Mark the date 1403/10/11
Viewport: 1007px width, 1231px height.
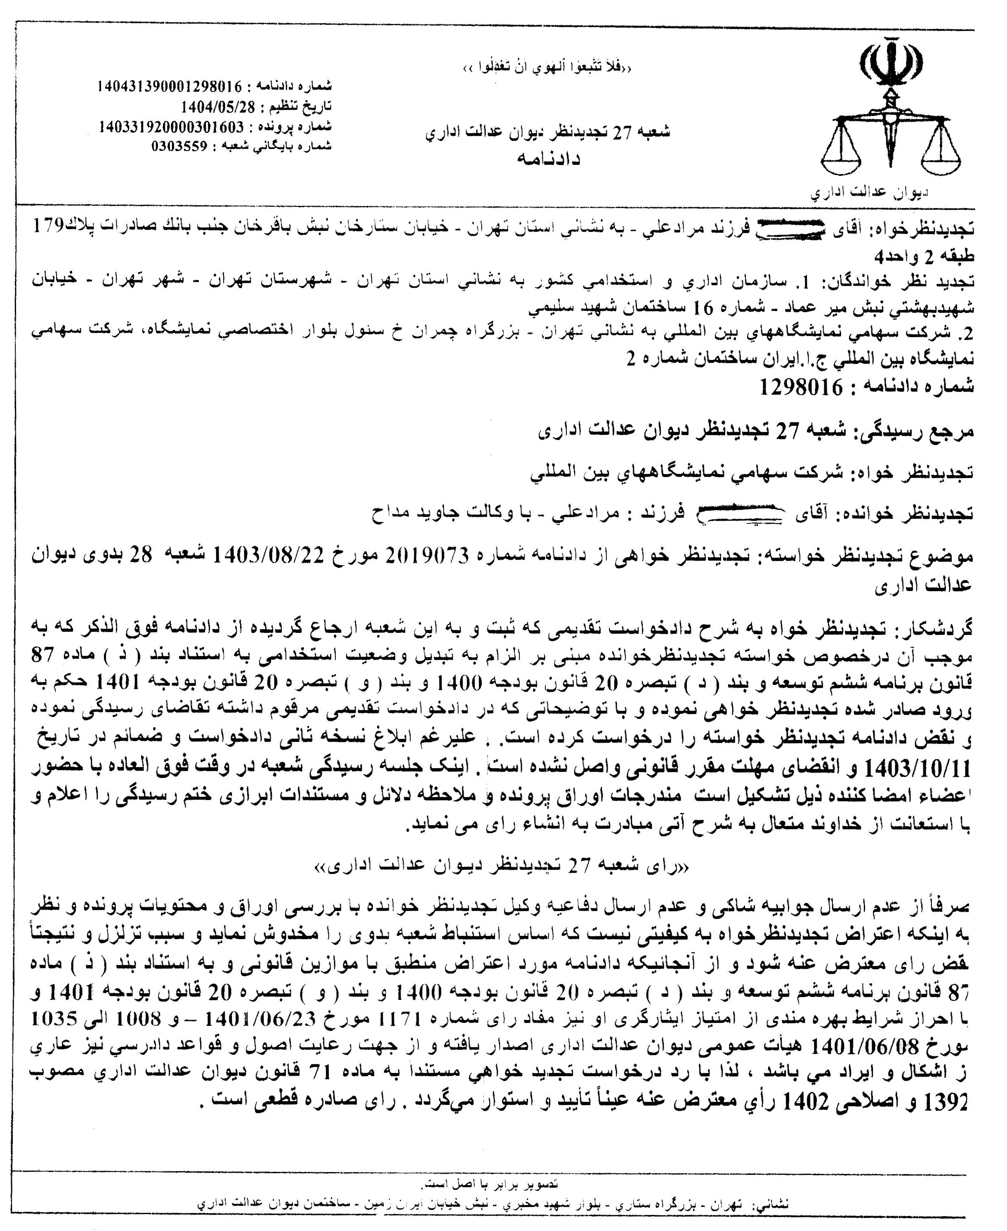(x=917, y=769)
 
